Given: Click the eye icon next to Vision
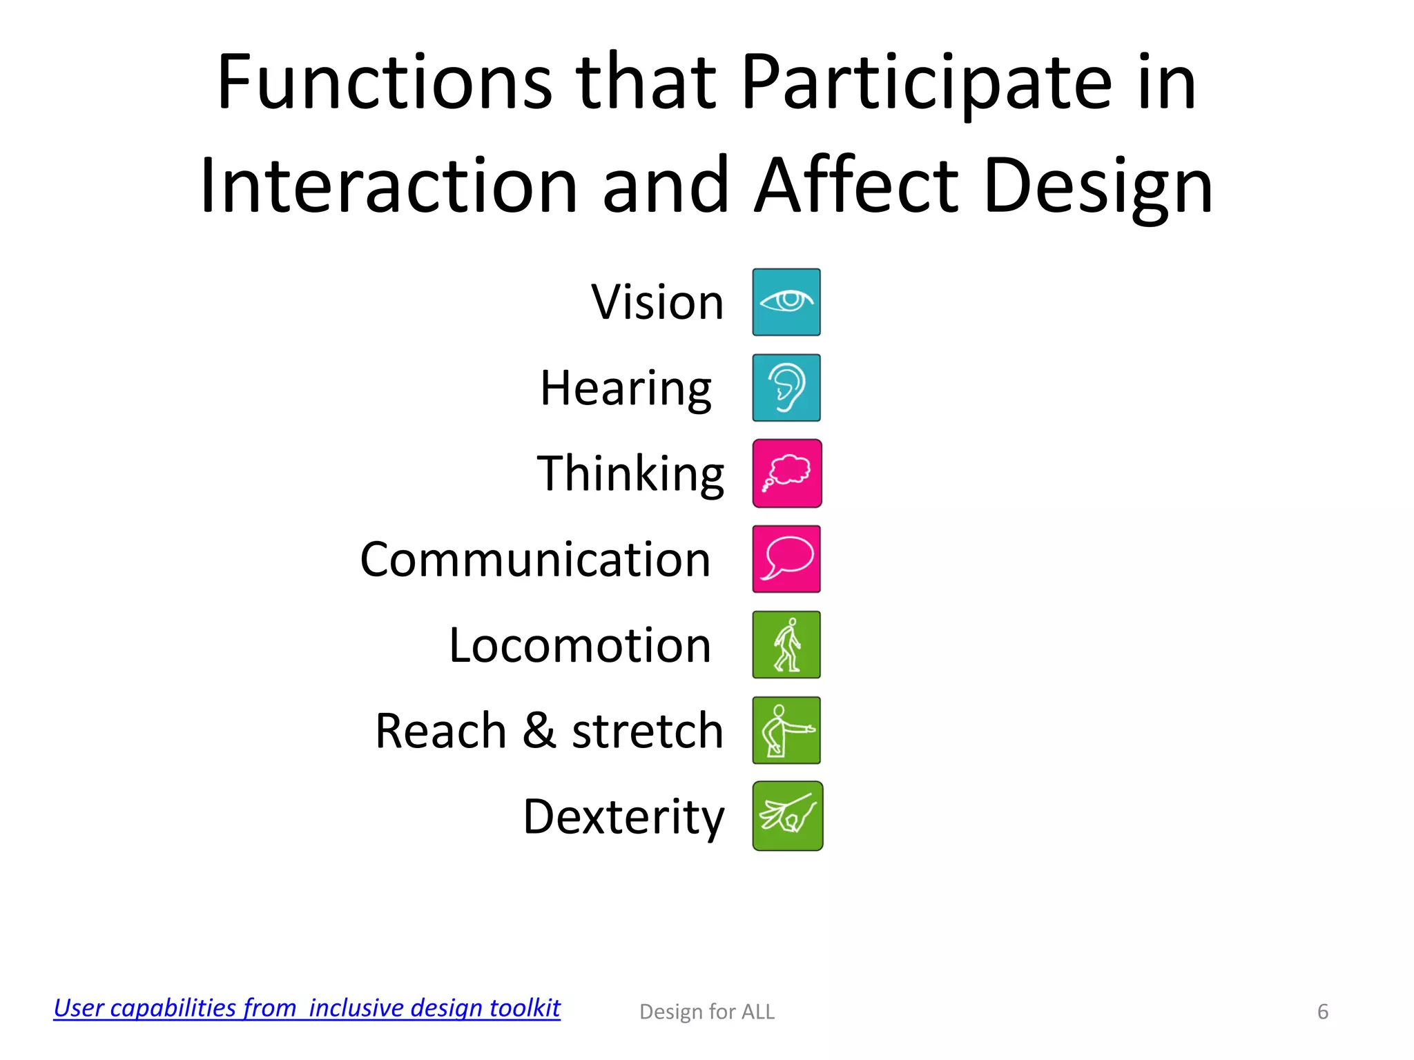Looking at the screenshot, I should click(786, 302).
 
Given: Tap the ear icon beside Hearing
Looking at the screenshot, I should click(786, 388).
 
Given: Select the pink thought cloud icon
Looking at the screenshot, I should click(787, 473).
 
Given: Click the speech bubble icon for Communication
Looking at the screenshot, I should click(786, 559).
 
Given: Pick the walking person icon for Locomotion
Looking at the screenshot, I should click(786, 645).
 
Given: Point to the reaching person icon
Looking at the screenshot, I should click(786, 730).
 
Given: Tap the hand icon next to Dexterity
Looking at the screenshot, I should click(787, 816).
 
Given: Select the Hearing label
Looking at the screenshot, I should click(626, 389).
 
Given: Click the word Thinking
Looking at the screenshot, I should click(630, 474).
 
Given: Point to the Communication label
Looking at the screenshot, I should click(535, 559).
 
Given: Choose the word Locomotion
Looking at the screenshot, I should click(580, 645).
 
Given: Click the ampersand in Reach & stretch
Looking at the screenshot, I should click(539, 730).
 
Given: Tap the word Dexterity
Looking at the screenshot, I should click(623, 817).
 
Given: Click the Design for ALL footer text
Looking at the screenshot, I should click(707, 1012).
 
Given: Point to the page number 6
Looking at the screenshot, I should click(1322, 1012).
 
